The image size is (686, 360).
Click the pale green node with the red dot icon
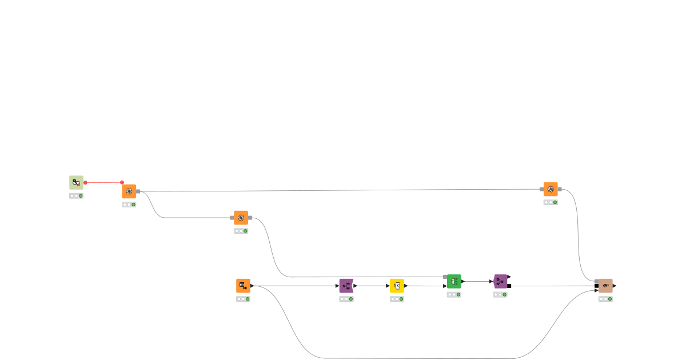tap(76, 182)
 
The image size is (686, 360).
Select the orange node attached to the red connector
tap(129, 191)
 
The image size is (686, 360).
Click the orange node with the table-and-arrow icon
tap(243, 285)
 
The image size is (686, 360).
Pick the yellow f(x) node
tap(397, 285)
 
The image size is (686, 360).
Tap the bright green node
tap(454, 281)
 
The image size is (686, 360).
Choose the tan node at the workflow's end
tap(605, 285)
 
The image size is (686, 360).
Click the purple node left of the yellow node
tap(346, 285)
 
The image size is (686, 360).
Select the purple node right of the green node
tap(500, 281)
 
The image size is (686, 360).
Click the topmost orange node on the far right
tap(551, 189)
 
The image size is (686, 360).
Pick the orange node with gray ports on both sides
tap(241, 218)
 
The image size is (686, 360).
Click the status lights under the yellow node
tap(397, 299)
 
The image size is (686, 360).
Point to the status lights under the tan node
tap(605, 299)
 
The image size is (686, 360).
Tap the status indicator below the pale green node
tap(76, 195)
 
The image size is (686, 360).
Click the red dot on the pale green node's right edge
tap(85, 182)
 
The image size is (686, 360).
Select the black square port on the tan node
tap(596, 286)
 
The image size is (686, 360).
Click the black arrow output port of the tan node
tap(615, 286)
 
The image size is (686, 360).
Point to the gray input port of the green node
tap(445, 277)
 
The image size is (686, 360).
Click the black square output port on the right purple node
tap(509, 286)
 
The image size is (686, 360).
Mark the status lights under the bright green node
tap(454, 295)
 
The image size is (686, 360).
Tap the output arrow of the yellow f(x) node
tap(406, 285)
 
